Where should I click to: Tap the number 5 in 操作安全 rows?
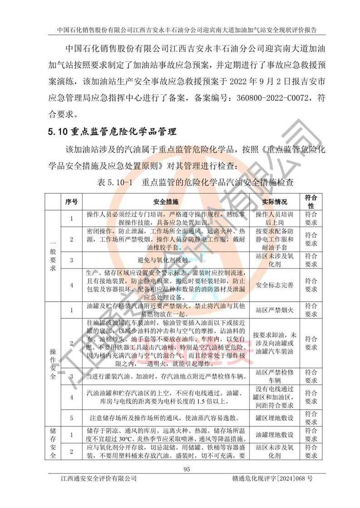[71, 418]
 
